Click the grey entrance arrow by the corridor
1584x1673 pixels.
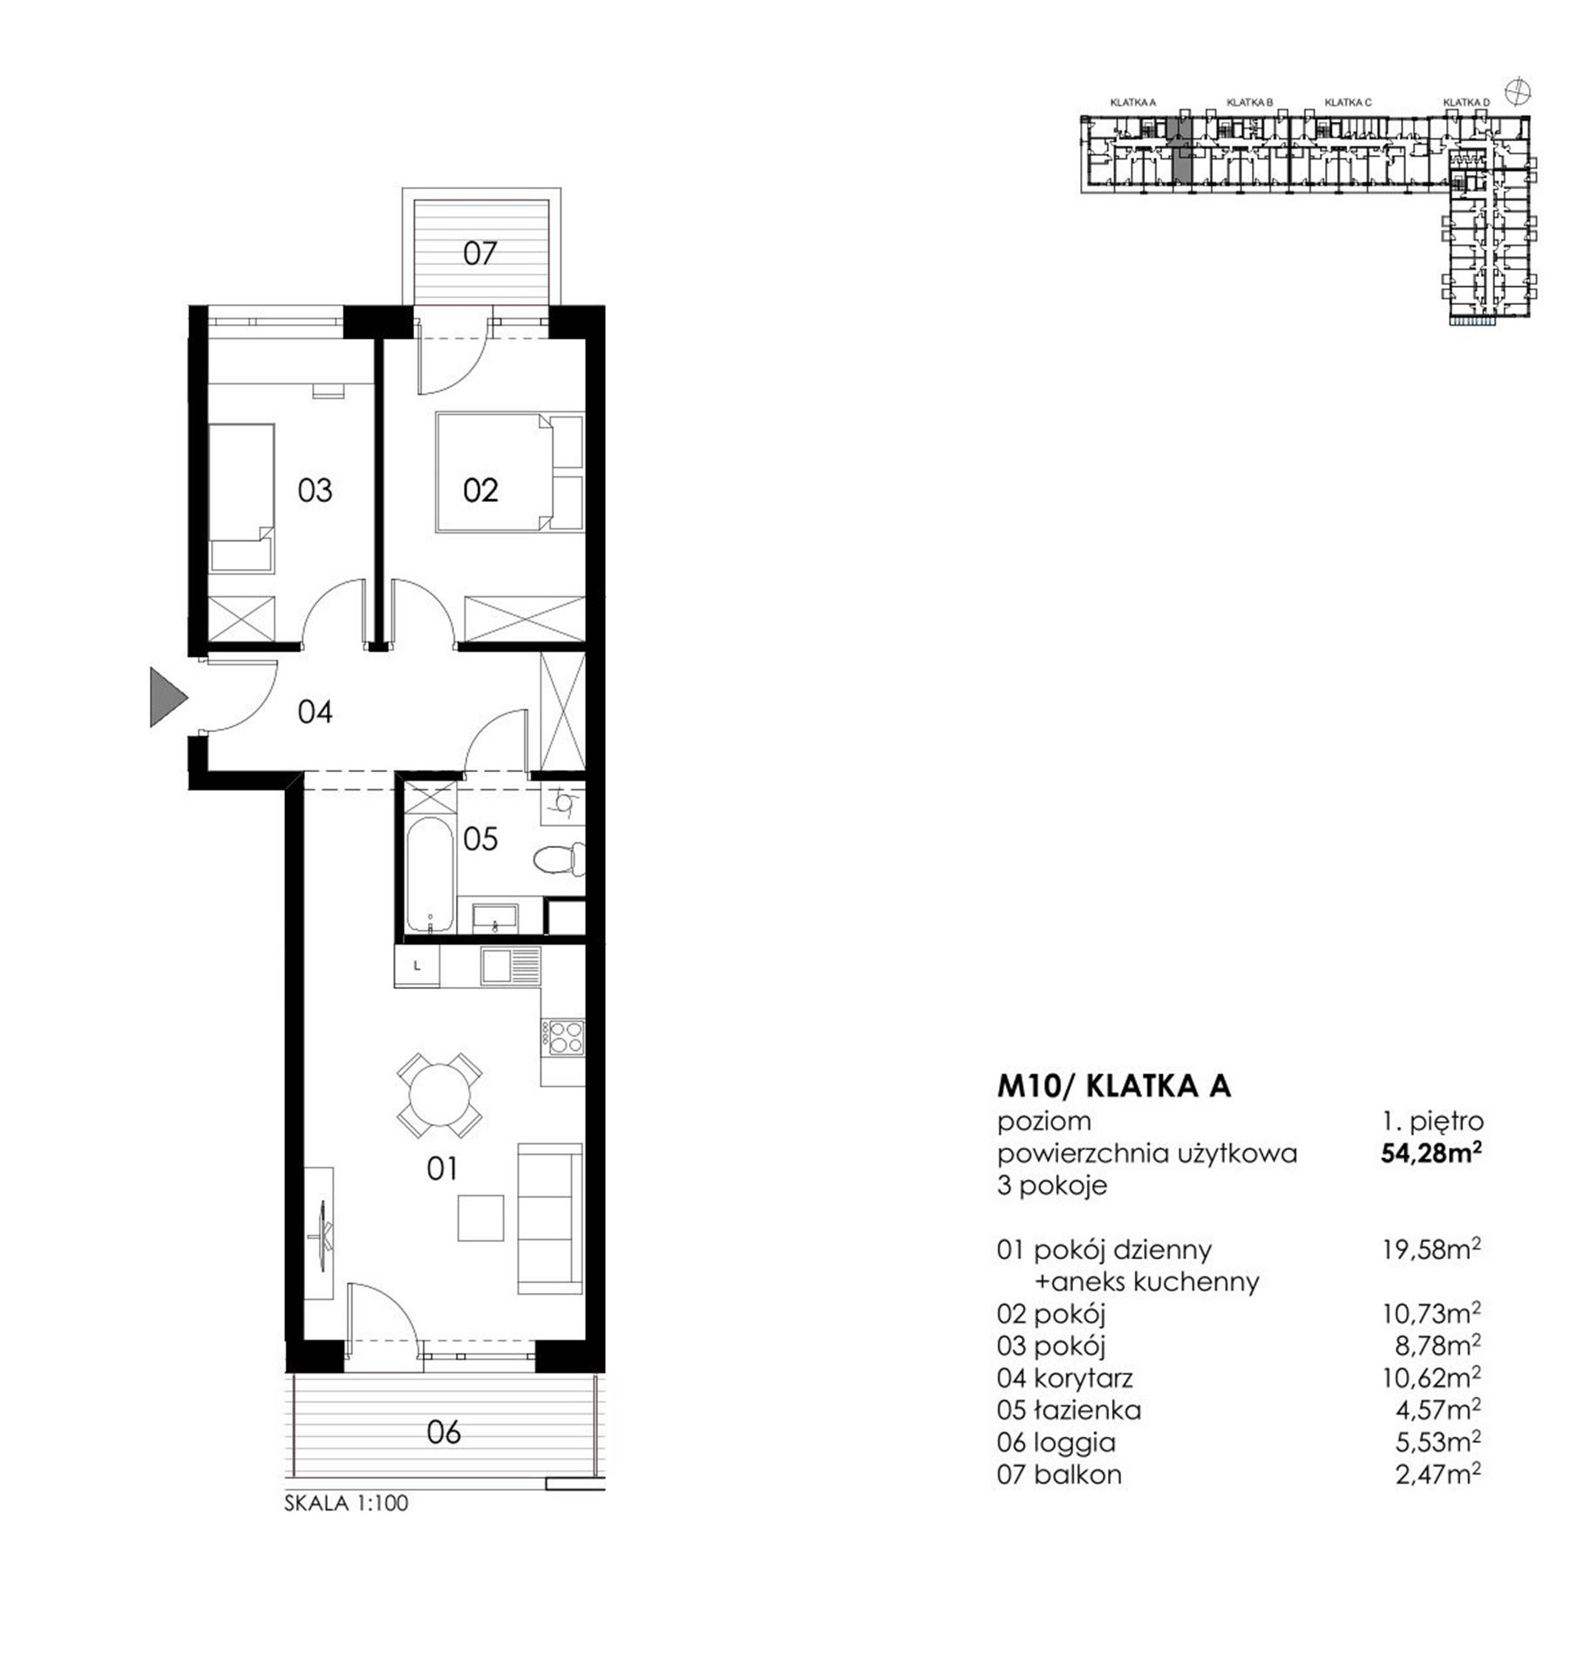pyautogui.click(x=167, y=696)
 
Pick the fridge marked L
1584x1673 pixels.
pyautogui.click(x=417, y=965)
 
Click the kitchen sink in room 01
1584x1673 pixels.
pyautogui.click(x=512, y=965)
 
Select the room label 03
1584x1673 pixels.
pyautogui.click(x=315, y=491)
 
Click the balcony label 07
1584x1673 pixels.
pyautogui.click(x=479, y=254)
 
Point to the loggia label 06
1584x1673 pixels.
pyautogui.click(x=444, y=1433)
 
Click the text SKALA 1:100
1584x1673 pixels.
pyautogui.click(x=346, y=1503)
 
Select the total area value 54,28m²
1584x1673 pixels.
pyautogui.click(x=1431, y=1153)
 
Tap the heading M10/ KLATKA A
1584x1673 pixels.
pyautogui.click(x=1114, y=1086)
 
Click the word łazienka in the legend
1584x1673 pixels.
pyautogui.click(x=1087, y=1410)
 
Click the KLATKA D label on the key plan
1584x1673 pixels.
pyautogui.click(x=1466, y=103)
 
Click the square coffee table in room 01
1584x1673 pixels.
pyautogui.click(x=481, y=1217)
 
